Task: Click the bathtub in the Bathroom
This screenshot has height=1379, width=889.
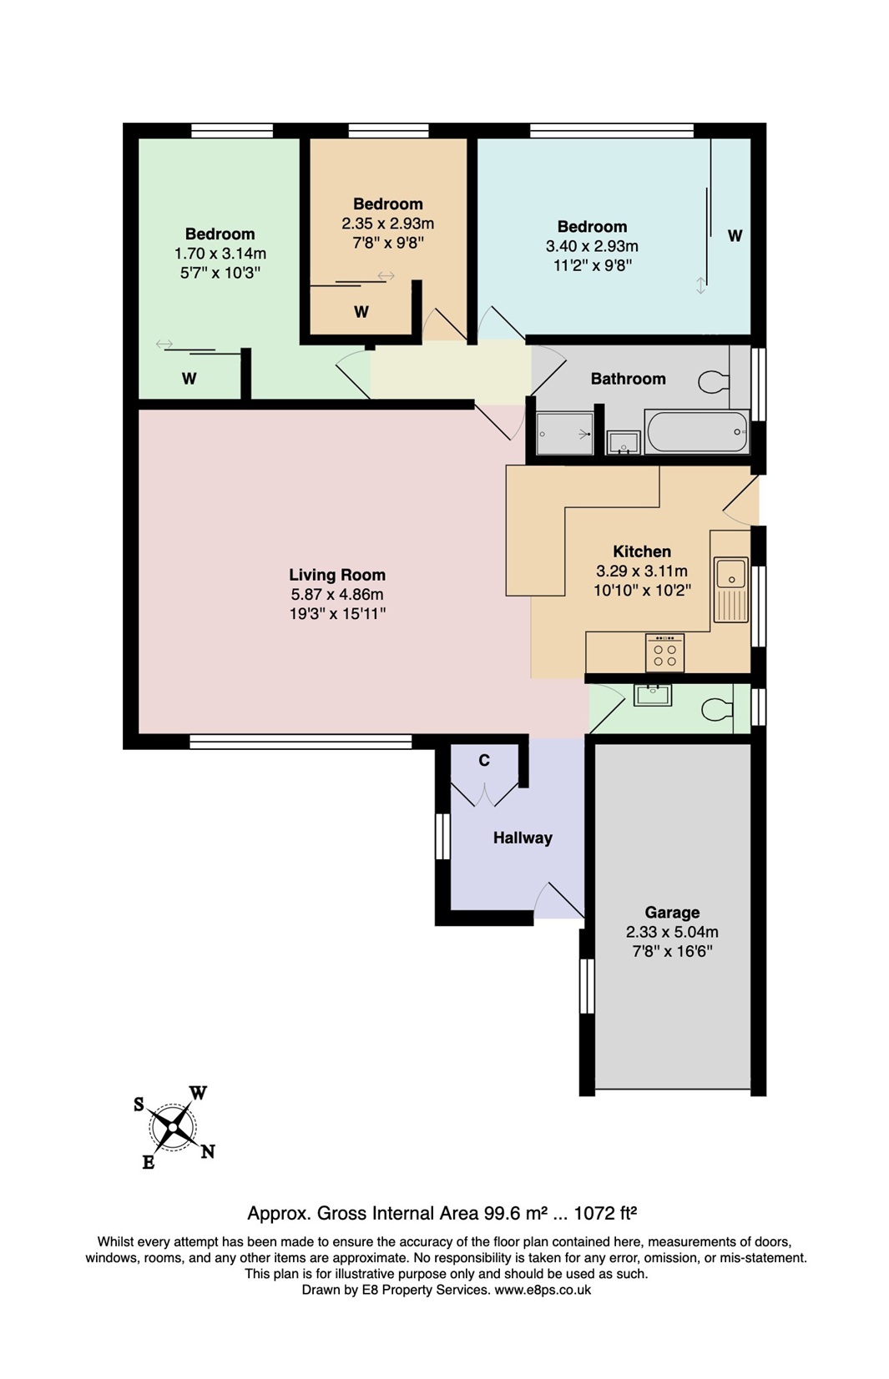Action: point(697,431)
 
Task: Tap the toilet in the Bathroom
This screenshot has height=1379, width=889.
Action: point(713,382)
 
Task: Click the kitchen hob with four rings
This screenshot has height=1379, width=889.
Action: point(664,653)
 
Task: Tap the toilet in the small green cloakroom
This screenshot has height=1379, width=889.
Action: point(716,710)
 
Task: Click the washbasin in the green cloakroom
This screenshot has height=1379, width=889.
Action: point(652,694)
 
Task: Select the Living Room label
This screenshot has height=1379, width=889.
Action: point(337,575)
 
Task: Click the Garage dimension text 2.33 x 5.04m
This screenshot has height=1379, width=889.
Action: point(672,932)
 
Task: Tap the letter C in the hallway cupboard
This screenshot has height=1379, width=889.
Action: point(484,760)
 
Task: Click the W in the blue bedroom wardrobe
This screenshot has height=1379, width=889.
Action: point(735,236)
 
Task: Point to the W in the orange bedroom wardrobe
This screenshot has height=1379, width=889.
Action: point(361,312)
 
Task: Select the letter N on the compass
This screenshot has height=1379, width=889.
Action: point(208,1151)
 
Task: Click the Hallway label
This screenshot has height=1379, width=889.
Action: point(523,838)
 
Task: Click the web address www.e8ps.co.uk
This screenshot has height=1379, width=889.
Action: point(543,1290)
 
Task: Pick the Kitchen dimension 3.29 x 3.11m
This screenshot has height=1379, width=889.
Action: point(641,571)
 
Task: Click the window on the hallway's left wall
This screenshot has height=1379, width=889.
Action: point(442,835)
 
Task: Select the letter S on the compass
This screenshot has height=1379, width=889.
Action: point(139,1105)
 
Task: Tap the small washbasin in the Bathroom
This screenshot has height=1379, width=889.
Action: point(623,442)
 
